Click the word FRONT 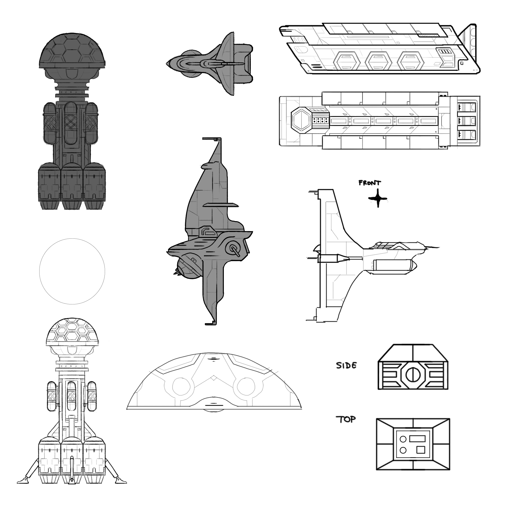(370, 183)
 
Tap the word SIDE (346, 365)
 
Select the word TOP (346, 420)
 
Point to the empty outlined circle (72, 271)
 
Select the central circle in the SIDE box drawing (413, 375)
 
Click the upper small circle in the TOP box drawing (403, 439)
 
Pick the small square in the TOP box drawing (421, 450)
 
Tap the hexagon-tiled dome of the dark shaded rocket (72, 50)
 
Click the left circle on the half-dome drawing (182, 387)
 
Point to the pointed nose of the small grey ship (168, 64)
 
